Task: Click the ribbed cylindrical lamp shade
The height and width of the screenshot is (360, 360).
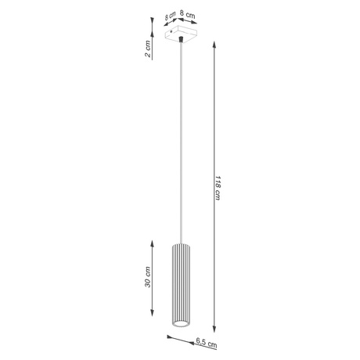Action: [x=179, y=283]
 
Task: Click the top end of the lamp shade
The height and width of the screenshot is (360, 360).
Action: [x=179, y=240]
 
